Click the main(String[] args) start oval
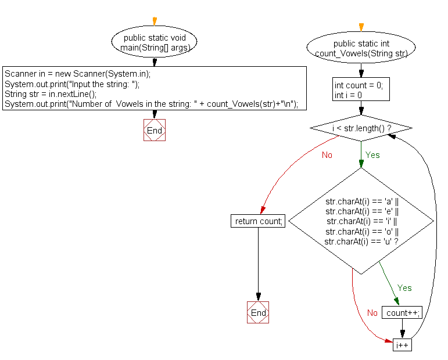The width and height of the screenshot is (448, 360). [x=155, y=42]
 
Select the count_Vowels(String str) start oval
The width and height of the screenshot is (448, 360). [x=361, y=48]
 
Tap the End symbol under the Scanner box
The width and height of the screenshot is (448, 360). [x=155, y=131]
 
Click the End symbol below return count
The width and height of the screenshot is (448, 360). [x=258, y=313]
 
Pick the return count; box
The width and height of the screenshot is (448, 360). [x=258, y=221]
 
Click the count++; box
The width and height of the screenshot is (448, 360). [x=403, y=313]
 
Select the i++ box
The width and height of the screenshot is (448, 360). [x=403, y=345]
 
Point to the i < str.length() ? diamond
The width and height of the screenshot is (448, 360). [x=361, y=127]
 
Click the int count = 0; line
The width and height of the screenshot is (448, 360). [x=359, y=85]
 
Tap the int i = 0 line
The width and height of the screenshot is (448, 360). [x=349, y=95]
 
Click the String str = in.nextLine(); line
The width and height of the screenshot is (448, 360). [x=51, y=93]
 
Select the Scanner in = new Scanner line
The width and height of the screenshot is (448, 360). [x=77, y=74]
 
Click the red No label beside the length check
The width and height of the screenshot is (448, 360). [x=327, y=155]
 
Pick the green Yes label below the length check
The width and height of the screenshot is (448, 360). [x=372, y=155]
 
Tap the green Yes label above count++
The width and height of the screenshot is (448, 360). [x=404, y=288]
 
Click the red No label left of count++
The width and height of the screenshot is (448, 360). [x=372, y=313]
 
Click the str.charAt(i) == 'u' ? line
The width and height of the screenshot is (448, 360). [x=361, y=242]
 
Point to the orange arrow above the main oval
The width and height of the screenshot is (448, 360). [x=155, y=22]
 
